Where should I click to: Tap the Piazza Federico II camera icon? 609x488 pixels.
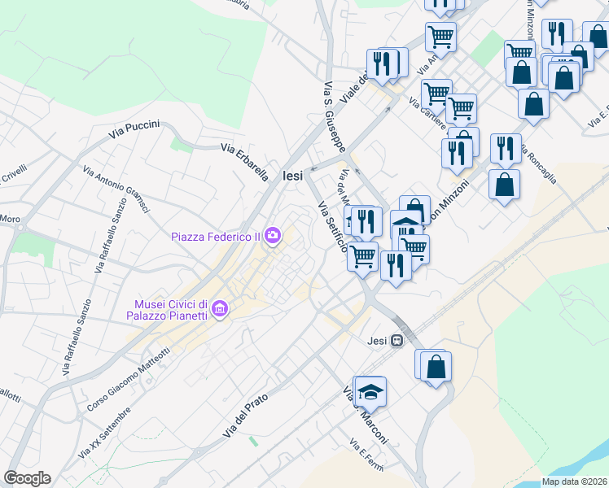pos(272,237)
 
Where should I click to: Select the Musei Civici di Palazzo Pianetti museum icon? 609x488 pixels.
pos(219,309)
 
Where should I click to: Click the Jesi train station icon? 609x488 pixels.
pos(397,341)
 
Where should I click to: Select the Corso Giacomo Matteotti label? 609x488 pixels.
pos(128,379)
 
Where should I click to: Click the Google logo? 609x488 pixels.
pos(27,478)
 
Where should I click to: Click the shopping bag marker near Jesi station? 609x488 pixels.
pos(436,367)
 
